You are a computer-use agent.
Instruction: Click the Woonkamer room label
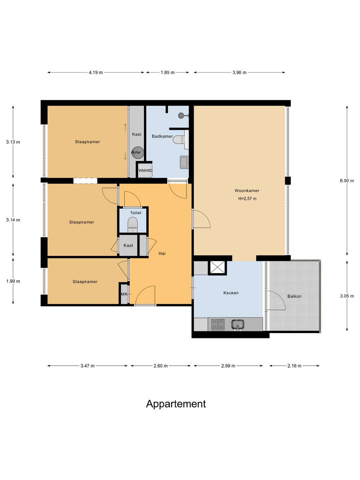(247, 190)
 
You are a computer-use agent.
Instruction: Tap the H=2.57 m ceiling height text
(247, 199)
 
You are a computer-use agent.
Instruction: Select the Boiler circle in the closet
(137, 152)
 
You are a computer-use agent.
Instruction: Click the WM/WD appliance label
(145, 171)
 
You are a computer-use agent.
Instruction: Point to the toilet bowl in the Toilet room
(132, 224)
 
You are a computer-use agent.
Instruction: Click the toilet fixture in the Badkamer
(181, 140)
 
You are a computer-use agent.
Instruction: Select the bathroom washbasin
(184, 162)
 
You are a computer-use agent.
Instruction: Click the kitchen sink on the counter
(238, 324)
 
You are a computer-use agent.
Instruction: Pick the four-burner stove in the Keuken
(218, 324)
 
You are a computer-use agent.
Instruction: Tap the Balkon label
(294, 296)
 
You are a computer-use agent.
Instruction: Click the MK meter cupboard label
(124, 294)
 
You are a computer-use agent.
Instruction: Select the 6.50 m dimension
(347, 181)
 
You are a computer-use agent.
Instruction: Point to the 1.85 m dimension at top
(168, 72)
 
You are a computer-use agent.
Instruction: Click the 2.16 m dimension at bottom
(294, 366)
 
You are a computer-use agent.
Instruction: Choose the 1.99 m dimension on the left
(13, 281)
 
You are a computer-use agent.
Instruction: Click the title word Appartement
(176, 404)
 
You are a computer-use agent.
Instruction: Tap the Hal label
(162, 253)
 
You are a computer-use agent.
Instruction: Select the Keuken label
(231, 293)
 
